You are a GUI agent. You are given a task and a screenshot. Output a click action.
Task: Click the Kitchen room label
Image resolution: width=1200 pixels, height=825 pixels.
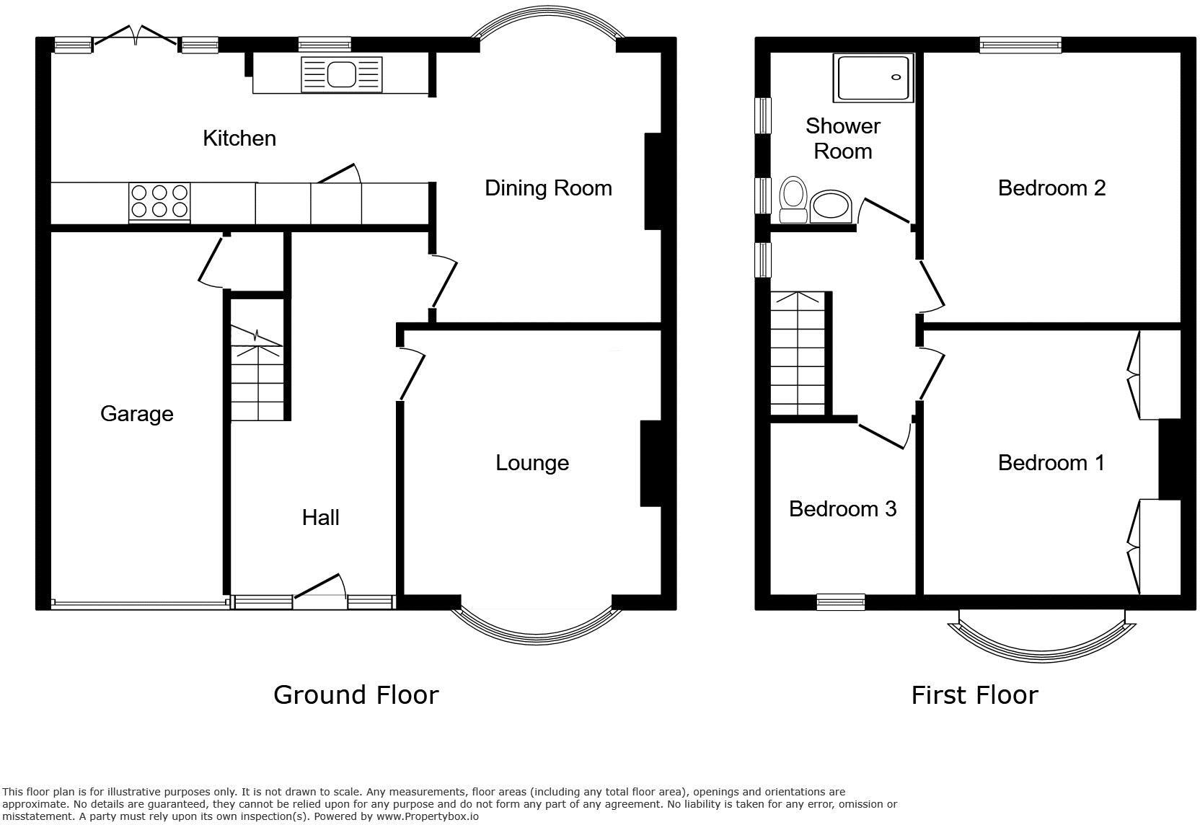click(x=239, y=138)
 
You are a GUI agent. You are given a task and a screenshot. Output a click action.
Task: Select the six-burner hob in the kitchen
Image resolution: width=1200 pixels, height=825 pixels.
click(x=159, y=201)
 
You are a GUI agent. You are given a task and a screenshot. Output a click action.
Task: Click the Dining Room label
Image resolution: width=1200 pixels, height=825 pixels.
click(x=548, y=188)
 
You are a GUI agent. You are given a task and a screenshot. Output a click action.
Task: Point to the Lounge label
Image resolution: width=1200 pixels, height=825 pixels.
click(x=531, y=463)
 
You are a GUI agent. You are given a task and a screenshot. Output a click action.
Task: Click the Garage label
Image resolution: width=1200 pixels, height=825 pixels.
click(x=136, y=414)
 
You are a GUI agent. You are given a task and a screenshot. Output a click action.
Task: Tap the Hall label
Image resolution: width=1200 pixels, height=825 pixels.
click(x=320, y=517)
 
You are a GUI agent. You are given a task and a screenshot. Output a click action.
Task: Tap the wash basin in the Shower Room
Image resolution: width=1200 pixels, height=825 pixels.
click(x=830, y=208)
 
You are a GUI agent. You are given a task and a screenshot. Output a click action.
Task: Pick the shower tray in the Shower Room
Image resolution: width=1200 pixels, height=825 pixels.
click(x=874, y=77)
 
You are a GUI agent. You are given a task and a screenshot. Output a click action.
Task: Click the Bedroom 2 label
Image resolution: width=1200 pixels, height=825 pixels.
click(x=1051, y=188)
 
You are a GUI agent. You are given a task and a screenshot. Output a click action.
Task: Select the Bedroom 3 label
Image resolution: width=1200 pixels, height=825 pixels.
click(x=842, y=509)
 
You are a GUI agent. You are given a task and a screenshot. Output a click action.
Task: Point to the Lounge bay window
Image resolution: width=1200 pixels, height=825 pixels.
click(x=536, y=629)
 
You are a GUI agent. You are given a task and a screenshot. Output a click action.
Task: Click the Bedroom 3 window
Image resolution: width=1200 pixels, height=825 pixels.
click(x=840, y=601)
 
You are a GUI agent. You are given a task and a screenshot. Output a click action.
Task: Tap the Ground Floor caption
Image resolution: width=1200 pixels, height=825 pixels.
click(x=356, y=695)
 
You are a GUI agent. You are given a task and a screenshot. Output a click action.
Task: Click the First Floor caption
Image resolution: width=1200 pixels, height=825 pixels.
click(x=974, y=695)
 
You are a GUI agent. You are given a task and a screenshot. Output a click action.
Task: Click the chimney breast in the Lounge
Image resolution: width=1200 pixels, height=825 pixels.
click(x=650, y=463)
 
